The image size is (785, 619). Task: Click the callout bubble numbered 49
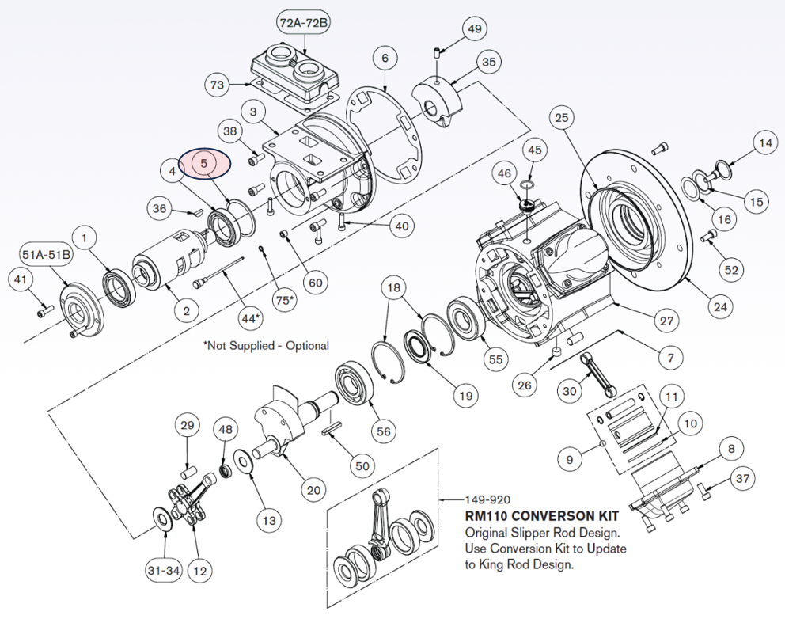click(x=474, y=30)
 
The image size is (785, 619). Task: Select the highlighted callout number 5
click(x=204, y=163)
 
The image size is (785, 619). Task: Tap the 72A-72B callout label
click(x=304, y=23)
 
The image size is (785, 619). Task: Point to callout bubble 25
click(x=561, y=119)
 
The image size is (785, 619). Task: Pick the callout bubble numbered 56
click(x=384, y=431)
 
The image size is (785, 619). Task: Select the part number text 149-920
click(x=487, y=500)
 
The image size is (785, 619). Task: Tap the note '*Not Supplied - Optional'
click(x=266, y=346)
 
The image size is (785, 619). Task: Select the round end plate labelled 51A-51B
click(x=82, y=302)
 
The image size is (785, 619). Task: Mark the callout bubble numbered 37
click(x=742, y=478)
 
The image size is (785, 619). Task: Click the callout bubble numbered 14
click(x=764, y=143)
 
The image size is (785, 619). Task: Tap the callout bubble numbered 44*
click(x=249, y=318)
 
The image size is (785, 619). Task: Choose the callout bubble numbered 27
click(x=667, y=321)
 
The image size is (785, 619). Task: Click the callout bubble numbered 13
click(x=270, y=520)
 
